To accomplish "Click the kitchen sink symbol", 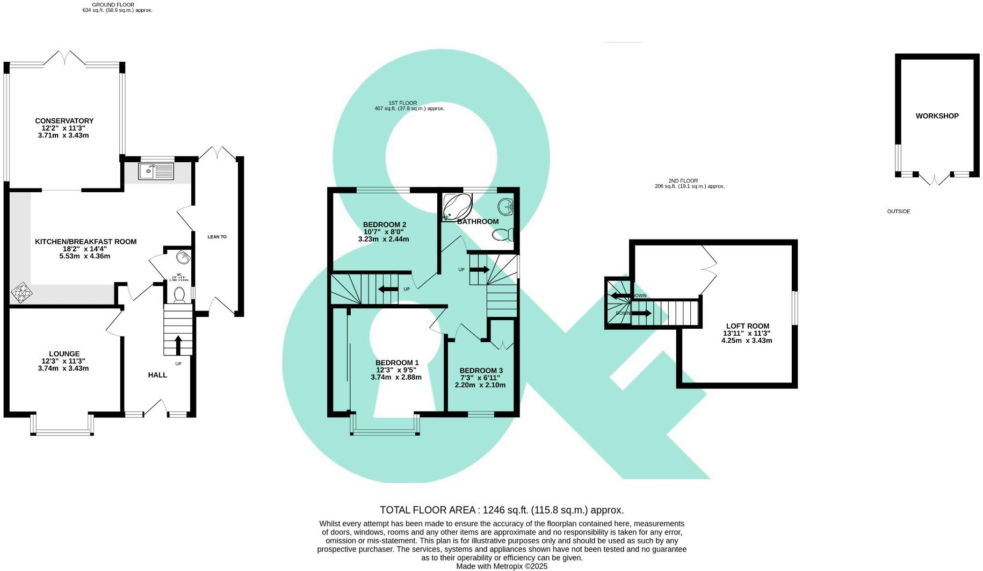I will pyautogui.click(x=156, y=171).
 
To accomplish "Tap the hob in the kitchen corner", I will pyautogui.click(x=21, y=292).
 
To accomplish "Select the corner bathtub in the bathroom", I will pyautogui.click(x=457, y=207).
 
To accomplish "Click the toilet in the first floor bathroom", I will pyautogui.click(x=503, y=235).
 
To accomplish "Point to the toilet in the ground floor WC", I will pyautogui.click(x=179, y=294).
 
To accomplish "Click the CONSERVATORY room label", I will pyautogui.click(x=64, y=121).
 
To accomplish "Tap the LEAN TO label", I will pyautogui.click(x=217, y=237).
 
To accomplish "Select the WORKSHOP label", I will pyautogui.click(x=937, y=116).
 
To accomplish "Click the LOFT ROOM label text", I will pyautogui.click(x=747, y=326).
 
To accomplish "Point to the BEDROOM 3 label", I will pyautogui.click(x=481, y=371).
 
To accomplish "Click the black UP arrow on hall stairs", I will pyautogui.click(x=178, y=344).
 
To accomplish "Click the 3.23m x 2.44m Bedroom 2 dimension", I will pyautogui.click(x=384, y=239).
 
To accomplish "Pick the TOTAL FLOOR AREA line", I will pyautogui.click(x=501, y=510).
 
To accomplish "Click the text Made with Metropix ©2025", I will pyautogui.click(x=501, y=566).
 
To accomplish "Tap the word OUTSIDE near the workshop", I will pyautogui.click(x=898, y=212).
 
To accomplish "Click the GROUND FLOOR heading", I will pyautogui.click(x=113, y=5).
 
